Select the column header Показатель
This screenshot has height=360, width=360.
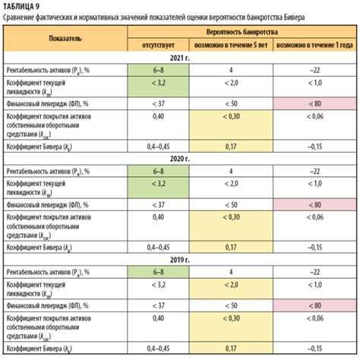[66, 36]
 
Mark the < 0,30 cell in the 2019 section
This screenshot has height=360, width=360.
[229, 316]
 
